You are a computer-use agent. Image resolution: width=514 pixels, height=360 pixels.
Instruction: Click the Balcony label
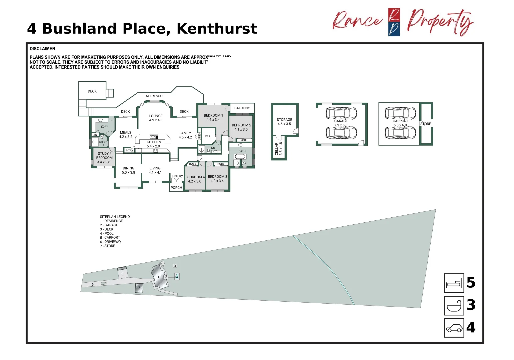[242, 108]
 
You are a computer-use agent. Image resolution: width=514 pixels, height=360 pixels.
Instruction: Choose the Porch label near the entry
[176, 188]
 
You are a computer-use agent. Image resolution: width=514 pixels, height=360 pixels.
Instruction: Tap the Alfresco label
[154, 96]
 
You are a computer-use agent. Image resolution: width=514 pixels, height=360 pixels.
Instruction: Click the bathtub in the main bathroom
[240, 156]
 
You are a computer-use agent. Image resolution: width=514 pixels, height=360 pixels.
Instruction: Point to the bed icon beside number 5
[454, 283]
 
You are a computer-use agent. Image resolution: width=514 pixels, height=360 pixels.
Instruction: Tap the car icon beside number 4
[454, 328]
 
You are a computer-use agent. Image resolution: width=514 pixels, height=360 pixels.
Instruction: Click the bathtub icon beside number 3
[454, 306]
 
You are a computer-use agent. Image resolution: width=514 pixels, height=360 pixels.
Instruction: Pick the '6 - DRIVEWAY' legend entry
[111, 242]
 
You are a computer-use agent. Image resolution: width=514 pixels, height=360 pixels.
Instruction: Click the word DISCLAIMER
[42, 49]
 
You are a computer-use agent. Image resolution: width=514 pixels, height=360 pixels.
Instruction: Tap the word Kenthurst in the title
[217, 29]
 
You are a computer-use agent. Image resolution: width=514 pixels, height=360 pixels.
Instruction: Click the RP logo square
[394, 22]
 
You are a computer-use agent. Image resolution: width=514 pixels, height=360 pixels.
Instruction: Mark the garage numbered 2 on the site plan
[139, 288]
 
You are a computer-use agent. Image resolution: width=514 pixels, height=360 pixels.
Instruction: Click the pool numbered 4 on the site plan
[177, 277]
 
